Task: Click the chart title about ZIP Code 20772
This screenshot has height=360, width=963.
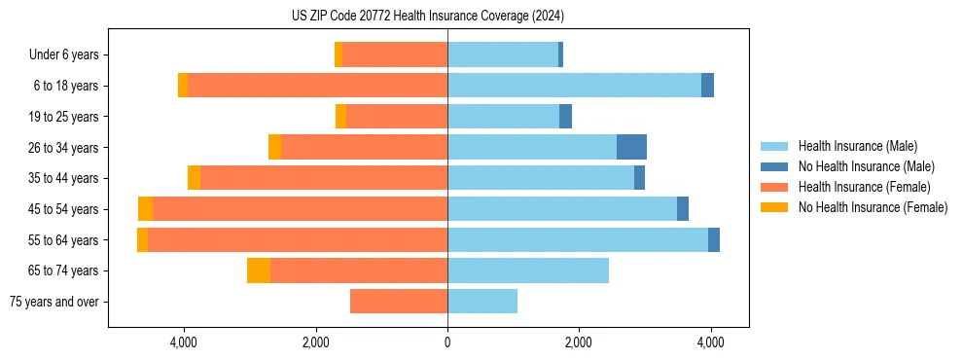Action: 428,17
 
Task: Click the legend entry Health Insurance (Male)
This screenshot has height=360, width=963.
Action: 857,146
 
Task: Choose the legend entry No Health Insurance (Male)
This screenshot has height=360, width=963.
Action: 866,166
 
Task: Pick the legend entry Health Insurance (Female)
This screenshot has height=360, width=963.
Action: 864,187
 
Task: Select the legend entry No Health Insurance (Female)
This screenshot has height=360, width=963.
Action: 873,207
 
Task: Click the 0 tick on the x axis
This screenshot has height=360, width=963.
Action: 447,342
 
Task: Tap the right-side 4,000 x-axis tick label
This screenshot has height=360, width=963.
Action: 710,342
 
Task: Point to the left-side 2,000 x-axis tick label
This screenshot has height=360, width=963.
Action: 316,342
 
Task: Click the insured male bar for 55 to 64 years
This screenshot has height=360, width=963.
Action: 578,240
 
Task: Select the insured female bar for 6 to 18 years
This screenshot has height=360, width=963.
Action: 317,86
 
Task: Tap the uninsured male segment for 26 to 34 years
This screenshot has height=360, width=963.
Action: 631,148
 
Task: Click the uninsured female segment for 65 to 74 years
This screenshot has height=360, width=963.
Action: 259,270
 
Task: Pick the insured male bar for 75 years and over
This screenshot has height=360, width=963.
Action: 482,302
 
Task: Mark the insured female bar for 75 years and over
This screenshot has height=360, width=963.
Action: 399,302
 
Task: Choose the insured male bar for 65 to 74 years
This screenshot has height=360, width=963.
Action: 528,270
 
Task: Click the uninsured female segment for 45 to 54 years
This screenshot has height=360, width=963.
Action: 145,209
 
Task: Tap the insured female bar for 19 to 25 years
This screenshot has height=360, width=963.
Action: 397,117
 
